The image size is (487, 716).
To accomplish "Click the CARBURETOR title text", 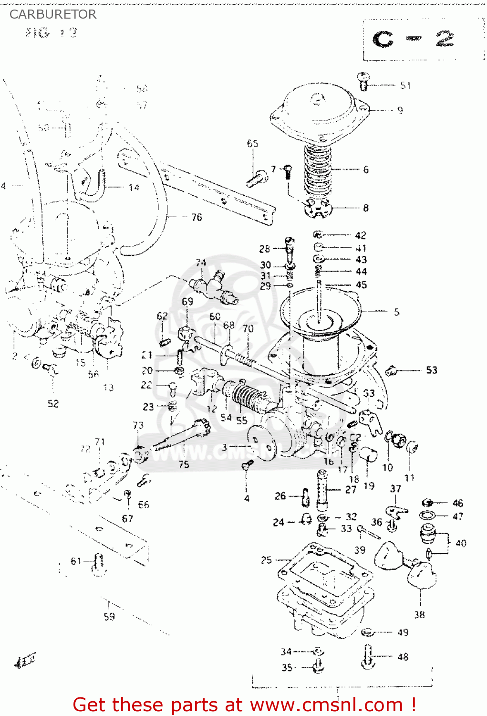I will point(53,14).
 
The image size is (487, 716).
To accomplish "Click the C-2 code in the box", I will point(413,39).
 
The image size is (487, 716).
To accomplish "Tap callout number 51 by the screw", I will point(405,85).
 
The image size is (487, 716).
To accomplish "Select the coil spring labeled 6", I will point(317,169).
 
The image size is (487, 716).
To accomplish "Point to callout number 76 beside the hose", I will point(197,217).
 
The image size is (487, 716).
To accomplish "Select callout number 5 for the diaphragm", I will point(396,312).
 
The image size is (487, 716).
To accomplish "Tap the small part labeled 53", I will point(392,370).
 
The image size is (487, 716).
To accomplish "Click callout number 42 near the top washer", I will point(361,235).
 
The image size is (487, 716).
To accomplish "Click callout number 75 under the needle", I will point(184,464).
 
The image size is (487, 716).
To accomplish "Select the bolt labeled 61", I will point(99,562).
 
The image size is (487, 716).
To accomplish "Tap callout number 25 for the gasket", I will point(266,560).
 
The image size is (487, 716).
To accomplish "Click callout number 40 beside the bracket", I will point(461,543).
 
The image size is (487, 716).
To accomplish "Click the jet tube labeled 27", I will point(322,488).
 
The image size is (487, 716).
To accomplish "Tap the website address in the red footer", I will point(327,705).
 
